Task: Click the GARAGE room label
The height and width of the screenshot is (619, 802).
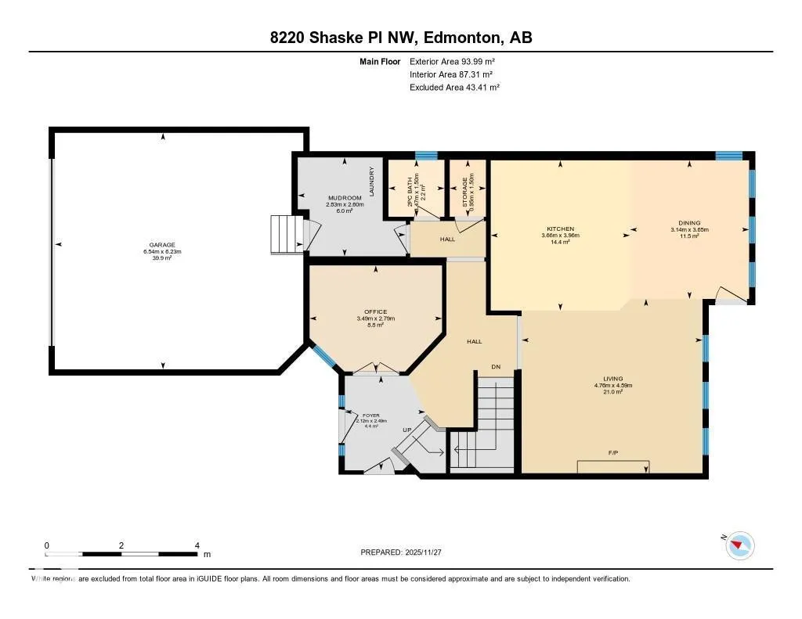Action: point(163,244)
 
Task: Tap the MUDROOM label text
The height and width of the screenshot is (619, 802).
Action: point(345,198)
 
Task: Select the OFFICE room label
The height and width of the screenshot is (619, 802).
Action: point(375,311)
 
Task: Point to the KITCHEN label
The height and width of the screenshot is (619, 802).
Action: point(560,229)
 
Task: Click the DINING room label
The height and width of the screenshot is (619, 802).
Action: point(689,222)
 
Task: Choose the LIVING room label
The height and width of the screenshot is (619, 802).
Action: point(613,379)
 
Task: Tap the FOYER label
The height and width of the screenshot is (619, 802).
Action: point(370,415)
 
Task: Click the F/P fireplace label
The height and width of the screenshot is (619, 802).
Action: point(613,453)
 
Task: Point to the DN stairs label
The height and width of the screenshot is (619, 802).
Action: point(495,366)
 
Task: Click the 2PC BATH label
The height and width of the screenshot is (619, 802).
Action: point(409,189)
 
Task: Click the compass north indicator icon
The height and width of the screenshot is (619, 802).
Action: point(739,545)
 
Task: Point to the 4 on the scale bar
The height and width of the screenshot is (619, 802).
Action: point(197,545)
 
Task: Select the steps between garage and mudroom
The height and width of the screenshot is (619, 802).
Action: point(285,234)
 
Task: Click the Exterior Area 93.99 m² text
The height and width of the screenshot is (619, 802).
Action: point(452,61)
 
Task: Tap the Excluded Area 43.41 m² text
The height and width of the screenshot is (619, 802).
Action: point(454,88)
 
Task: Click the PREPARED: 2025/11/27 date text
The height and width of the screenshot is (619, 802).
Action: point(401,552)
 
